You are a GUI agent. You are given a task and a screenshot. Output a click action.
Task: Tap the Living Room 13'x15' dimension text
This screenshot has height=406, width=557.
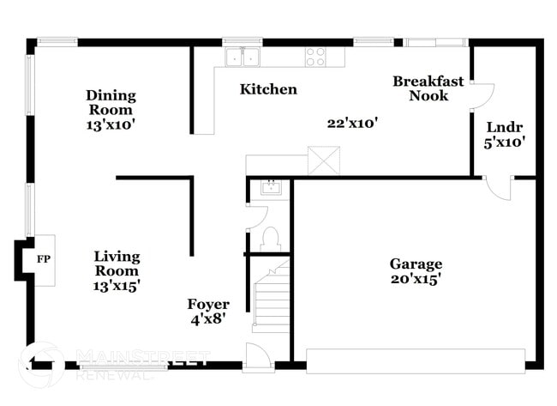tap(117, 285)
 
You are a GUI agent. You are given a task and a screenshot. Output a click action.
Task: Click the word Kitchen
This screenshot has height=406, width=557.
tap(268, 89)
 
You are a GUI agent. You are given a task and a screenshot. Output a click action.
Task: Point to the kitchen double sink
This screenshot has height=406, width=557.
tap(243, 58)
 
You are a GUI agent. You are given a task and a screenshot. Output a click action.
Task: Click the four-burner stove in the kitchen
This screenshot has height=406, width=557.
tap(315, 57)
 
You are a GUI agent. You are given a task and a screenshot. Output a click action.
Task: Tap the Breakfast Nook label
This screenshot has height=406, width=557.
tap(428, 88)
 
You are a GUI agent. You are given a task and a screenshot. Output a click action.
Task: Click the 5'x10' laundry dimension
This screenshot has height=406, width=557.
tap(504, 142)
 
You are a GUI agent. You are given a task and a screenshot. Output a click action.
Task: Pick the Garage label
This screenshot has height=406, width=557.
tap(416, 264)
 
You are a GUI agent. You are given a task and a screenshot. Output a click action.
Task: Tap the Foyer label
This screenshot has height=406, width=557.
tap(208, 305)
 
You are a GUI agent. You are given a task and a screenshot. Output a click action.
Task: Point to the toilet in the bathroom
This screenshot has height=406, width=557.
tap(269, 237)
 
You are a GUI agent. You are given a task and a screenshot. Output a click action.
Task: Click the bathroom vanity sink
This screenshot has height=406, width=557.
tap(270, 188)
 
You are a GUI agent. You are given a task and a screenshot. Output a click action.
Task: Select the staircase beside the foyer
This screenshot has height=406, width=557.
tap(272, 299)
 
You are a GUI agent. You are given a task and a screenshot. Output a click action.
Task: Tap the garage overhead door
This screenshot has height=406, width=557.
tap(415, 360)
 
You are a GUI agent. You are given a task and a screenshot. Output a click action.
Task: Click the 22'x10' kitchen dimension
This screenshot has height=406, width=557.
tap(352, 123)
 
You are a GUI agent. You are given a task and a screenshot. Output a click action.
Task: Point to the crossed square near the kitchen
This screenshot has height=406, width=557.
tap(324, 161)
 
